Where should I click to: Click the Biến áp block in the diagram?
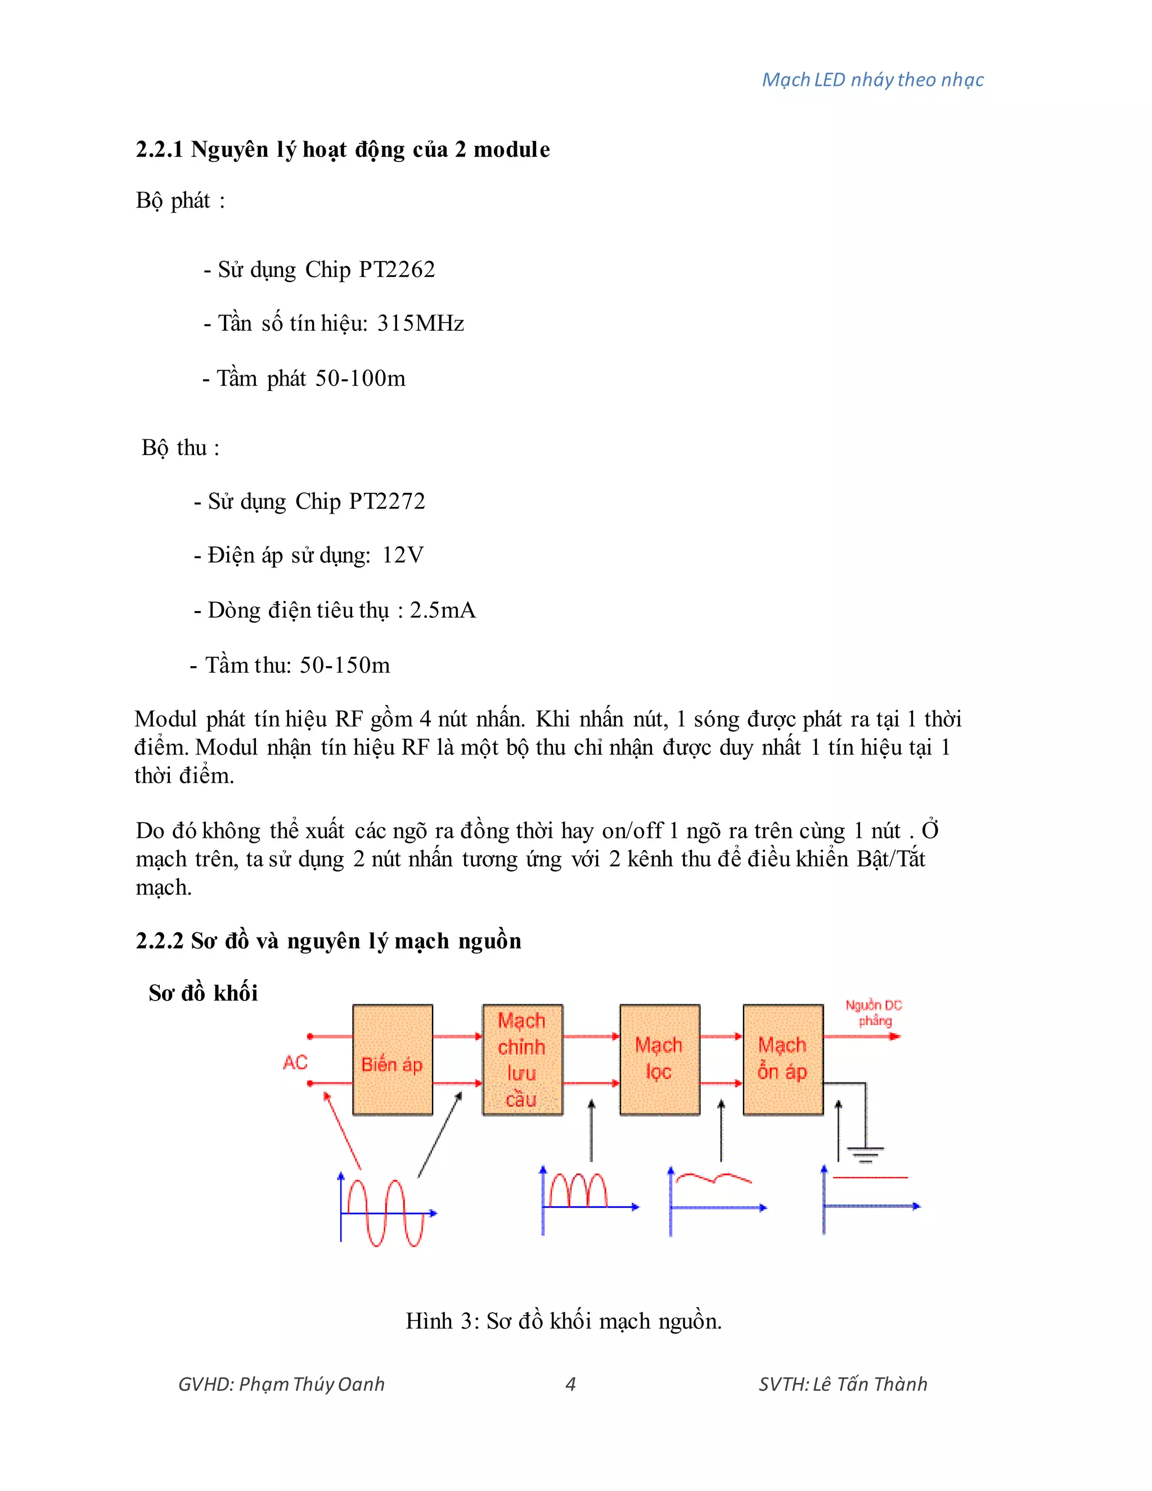(x=393, y=1059)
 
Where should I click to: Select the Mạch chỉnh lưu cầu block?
(x=522, y=1059)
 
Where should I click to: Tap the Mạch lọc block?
(x=659, y=1059)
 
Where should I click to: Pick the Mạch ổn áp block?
(x=783, y=1059)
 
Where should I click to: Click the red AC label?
(x=295, y=1062)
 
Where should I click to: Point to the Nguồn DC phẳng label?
(x=874, y=1013)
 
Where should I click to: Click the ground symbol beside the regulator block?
(x=865, y=1154)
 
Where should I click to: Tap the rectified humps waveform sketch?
(x=579, y=1191)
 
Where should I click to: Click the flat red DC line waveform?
(x=870, y=1178)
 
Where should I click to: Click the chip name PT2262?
(x=397, y=270)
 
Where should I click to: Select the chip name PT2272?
(x=387, y=501)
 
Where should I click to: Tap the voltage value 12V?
(x=403, y=555)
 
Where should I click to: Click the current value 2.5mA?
(x=442, y=610)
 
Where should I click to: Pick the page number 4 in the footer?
(x=570, y=1384)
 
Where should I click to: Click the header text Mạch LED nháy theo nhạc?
(x=872, y=80)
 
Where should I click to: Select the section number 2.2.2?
(x=160, y=941)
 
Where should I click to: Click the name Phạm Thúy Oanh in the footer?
(x=312, y=1384)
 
